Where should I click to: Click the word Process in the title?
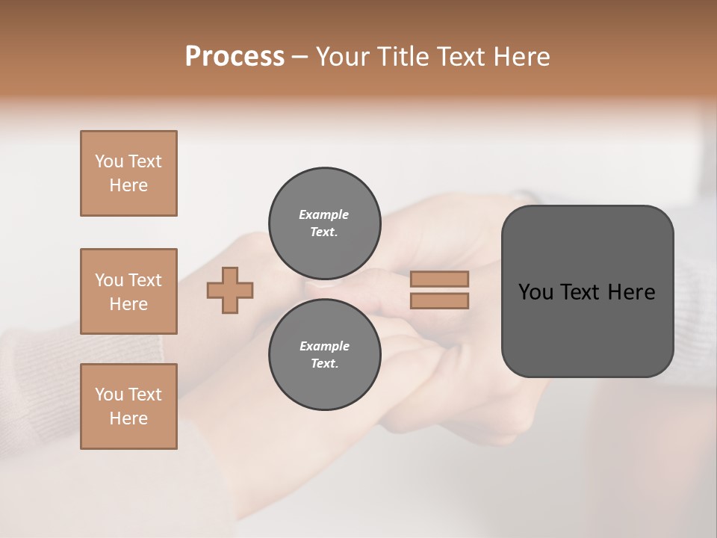coord(235,57)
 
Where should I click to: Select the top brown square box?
coord(128,173)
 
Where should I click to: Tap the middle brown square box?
coord(128,291)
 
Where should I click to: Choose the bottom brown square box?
coord(128,406)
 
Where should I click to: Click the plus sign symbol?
coord(230,291)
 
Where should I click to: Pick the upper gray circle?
coord(324,223)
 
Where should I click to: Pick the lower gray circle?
coord(324,354)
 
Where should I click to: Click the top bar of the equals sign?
coord(439,279)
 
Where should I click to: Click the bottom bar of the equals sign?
coord(439,301)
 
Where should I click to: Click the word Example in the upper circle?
coord(324,214)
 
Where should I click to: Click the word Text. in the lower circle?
coord(324,363)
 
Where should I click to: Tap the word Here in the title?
coord(522,57)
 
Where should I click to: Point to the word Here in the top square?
coord(128,185)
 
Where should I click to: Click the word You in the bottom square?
coord(109,395)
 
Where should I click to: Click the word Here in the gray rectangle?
coord(631,292)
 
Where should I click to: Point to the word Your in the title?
coord(341,57)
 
